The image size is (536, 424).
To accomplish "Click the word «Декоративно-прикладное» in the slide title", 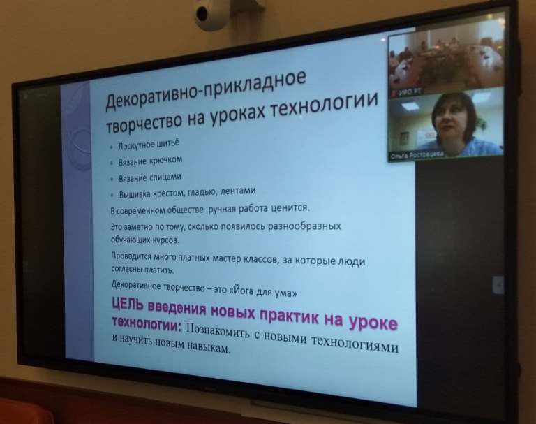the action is (206, 90).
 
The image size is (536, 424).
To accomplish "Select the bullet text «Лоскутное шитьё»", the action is (149, 145).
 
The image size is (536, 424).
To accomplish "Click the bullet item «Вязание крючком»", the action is (151, 161).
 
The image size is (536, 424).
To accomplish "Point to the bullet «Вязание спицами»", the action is (150, 178).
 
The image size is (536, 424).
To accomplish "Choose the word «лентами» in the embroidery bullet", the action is (238, 191).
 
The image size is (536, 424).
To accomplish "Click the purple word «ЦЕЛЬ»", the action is (128, 304).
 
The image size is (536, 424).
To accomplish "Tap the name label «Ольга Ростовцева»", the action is (417, 155).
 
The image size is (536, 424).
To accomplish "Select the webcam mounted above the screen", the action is (212, 15).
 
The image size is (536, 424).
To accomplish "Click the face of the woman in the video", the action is (452, 122).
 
